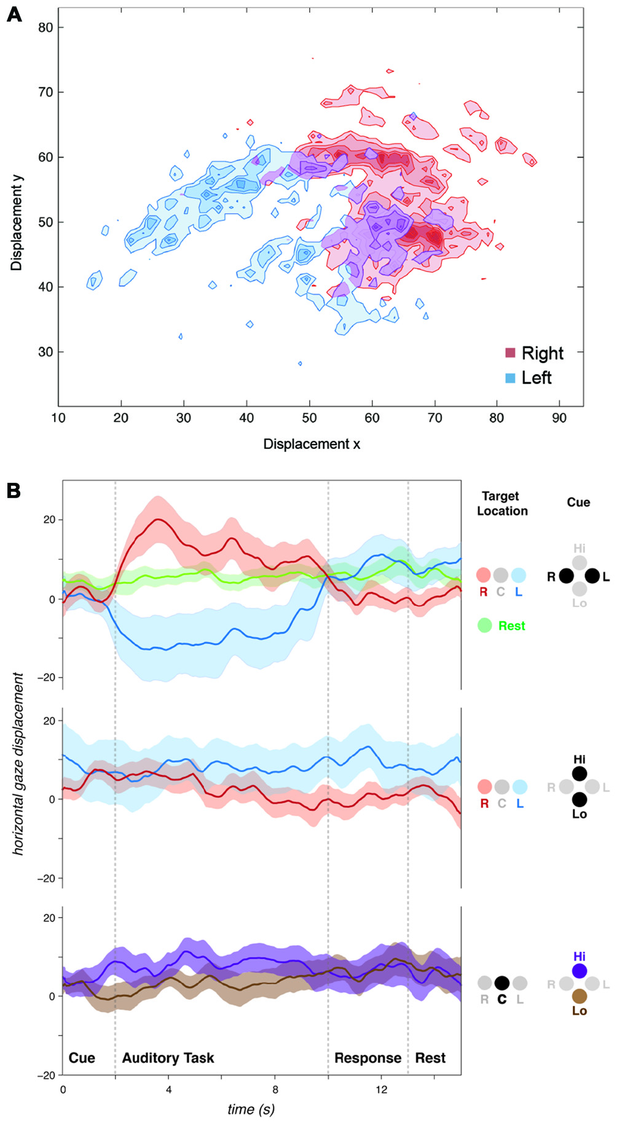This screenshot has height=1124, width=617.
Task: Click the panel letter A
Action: coord(14,14)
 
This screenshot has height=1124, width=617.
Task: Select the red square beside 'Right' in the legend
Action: coord(510,353)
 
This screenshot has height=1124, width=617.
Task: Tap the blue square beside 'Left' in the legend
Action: coord(510,378)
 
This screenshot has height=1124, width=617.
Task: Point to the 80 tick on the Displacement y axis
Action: coord(45,27)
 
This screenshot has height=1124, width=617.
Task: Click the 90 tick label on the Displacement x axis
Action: coord(559,418)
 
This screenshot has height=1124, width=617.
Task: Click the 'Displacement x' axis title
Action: coord(312,444)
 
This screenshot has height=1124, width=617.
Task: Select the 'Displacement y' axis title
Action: coord(17,222)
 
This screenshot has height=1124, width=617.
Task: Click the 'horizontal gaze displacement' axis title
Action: coord(18,763)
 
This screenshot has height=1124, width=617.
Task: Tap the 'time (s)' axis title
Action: coord(251,1109)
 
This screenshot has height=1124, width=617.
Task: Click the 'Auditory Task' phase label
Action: coord(168,1058)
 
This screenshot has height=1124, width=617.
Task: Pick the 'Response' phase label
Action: coord(367,1058)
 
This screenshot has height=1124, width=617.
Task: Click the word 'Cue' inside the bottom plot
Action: coord(82,1058)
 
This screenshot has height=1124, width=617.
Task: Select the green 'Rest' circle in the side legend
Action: coord(485,625)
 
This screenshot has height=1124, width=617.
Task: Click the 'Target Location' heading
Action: coord(502,503)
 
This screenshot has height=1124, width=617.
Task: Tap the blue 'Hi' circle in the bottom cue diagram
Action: coord(579,971)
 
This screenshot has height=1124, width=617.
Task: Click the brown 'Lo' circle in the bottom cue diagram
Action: coord(579,996)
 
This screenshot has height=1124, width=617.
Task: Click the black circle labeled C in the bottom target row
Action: coord(501,983)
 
